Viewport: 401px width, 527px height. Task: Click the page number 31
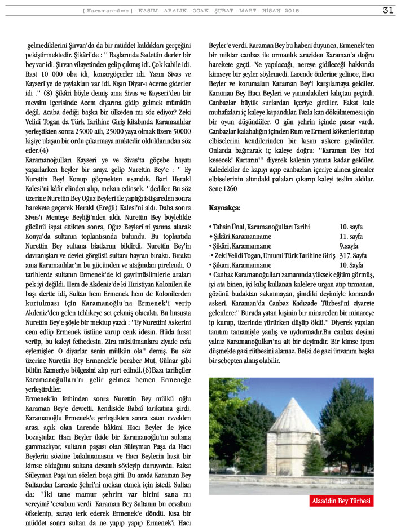point(387,10)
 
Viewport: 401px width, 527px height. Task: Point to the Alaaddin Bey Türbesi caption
point(342,501)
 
